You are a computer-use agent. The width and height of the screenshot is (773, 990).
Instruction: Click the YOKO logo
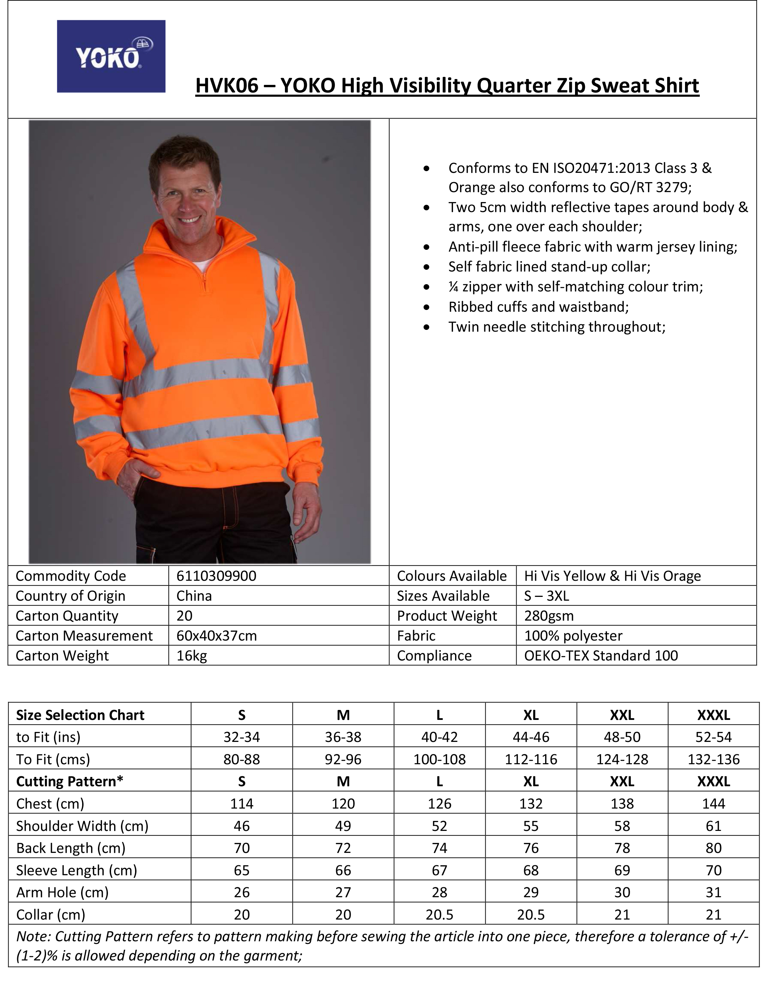coord(111,56)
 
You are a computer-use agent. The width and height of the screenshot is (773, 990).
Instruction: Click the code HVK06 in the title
coord(227,86)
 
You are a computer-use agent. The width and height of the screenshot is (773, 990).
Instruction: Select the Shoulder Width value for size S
coord(242,826)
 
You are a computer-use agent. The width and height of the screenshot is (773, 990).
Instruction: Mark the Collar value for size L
coord(439,915)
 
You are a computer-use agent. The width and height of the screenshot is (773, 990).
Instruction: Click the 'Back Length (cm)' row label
coord(71,848)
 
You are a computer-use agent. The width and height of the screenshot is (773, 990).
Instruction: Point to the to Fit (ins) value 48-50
coord(622,737)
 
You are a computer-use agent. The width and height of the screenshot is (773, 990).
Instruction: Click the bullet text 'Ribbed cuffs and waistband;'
coord(539,307)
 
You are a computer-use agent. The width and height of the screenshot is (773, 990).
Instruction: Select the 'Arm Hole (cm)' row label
coord(63,892)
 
